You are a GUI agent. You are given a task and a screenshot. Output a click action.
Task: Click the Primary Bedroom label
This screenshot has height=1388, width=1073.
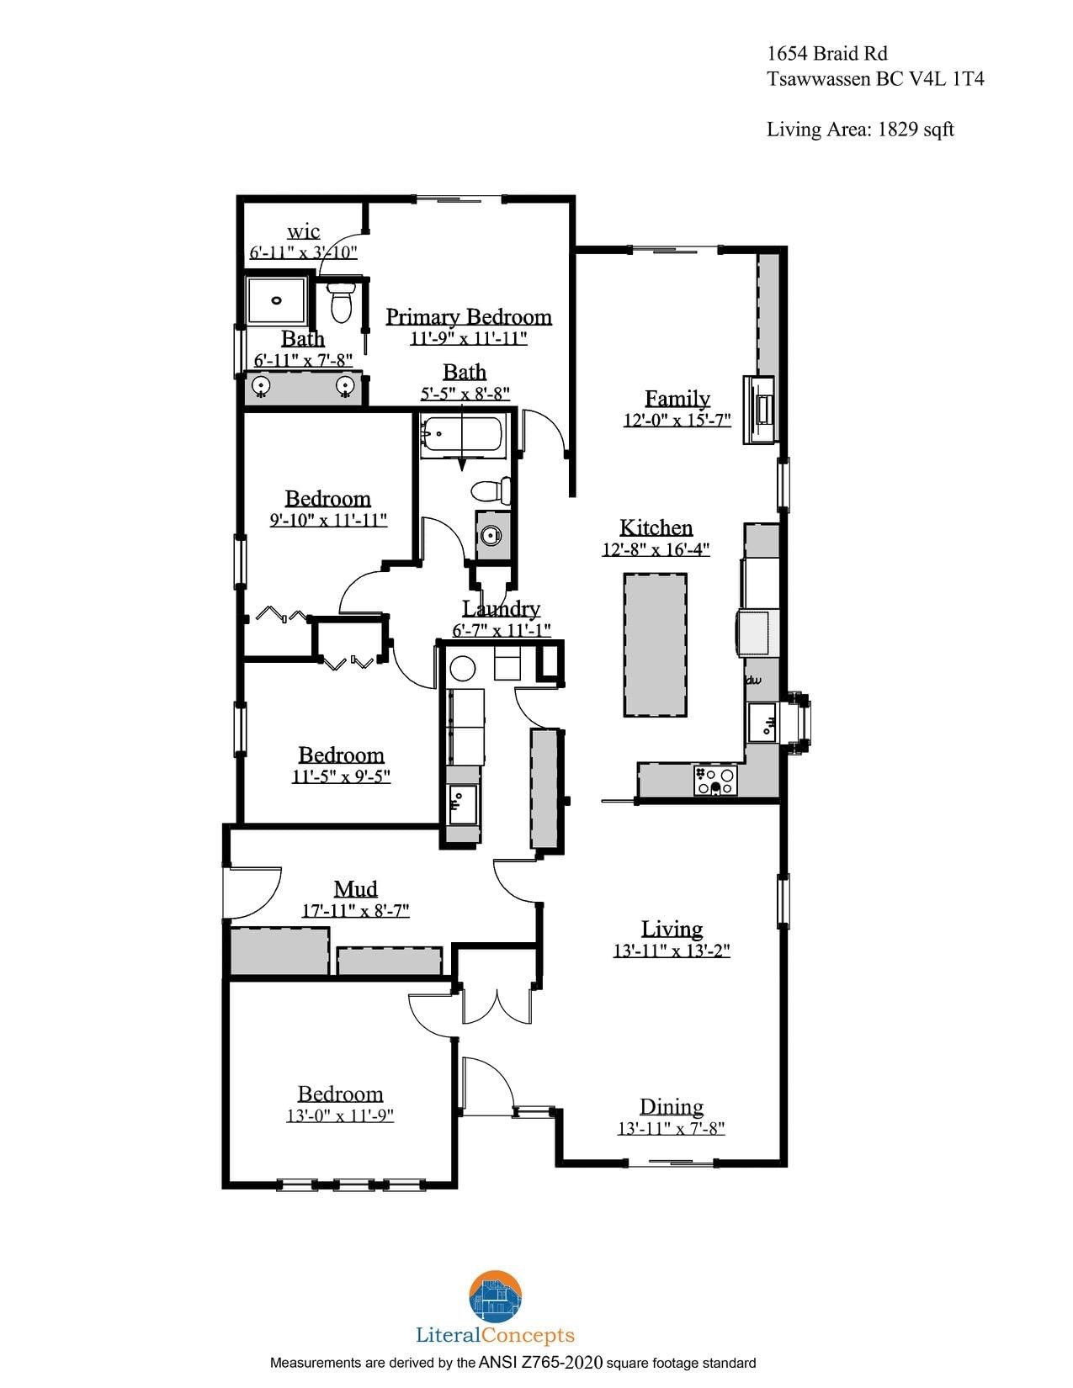pyautogui.click(x=469, y=317)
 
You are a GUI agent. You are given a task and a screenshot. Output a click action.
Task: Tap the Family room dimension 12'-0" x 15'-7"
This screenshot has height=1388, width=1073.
pyautogui.click(x=677, y=421)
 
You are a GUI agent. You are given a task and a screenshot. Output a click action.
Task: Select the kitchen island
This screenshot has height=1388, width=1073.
pyautogui.click(x=655, y=644)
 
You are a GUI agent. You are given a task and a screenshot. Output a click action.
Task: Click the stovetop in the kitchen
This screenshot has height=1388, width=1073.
pyautogui.click(x=715, y=780)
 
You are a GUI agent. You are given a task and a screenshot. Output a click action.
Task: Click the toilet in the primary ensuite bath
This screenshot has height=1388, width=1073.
pyautogui.click(x=341, y=302)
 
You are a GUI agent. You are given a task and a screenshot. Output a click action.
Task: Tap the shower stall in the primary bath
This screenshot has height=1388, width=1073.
pyautogui.click(x=278, y=300)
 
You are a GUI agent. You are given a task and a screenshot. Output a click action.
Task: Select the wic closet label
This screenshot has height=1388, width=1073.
pyautogui.click(x=304, y=231)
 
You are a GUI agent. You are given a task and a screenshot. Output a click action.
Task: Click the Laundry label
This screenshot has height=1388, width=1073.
pyautogui.click(x=501, y=609)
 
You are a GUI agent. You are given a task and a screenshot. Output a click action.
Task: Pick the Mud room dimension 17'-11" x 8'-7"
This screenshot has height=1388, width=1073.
pyautogui.click(x=355, y=910)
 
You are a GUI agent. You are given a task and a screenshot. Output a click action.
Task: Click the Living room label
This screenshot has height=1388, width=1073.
pyautogui.click(x=672, y=928)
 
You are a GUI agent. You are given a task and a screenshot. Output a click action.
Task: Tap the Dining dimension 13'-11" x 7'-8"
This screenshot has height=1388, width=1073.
pyautogui.click(x=671, y=1129)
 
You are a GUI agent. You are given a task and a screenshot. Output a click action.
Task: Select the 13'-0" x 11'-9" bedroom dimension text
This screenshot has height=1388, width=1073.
pyautogui.click(x=340, y=1116)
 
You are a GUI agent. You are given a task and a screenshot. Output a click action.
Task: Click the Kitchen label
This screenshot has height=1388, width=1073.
pyautogui.click(x=656, y=527)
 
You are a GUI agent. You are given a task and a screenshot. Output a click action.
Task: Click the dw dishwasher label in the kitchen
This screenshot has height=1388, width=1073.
pyautogui.click(x=754, y=680)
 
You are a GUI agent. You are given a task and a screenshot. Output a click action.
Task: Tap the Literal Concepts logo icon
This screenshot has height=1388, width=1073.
pyautogui.click(x=496, y=1296)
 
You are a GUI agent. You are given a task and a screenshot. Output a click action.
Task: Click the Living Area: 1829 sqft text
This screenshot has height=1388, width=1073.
pyautogui.click(x=860, y=130)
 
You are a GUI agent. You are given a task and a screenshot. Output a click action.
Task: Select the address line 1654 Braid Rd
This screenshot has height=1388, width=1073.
pyautogui.click(x=827, y=53)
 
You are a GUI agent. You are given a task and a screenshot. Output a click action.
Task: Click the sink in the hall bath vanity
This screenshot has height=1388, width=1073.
pyautogui.click(x=490, y=535)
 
